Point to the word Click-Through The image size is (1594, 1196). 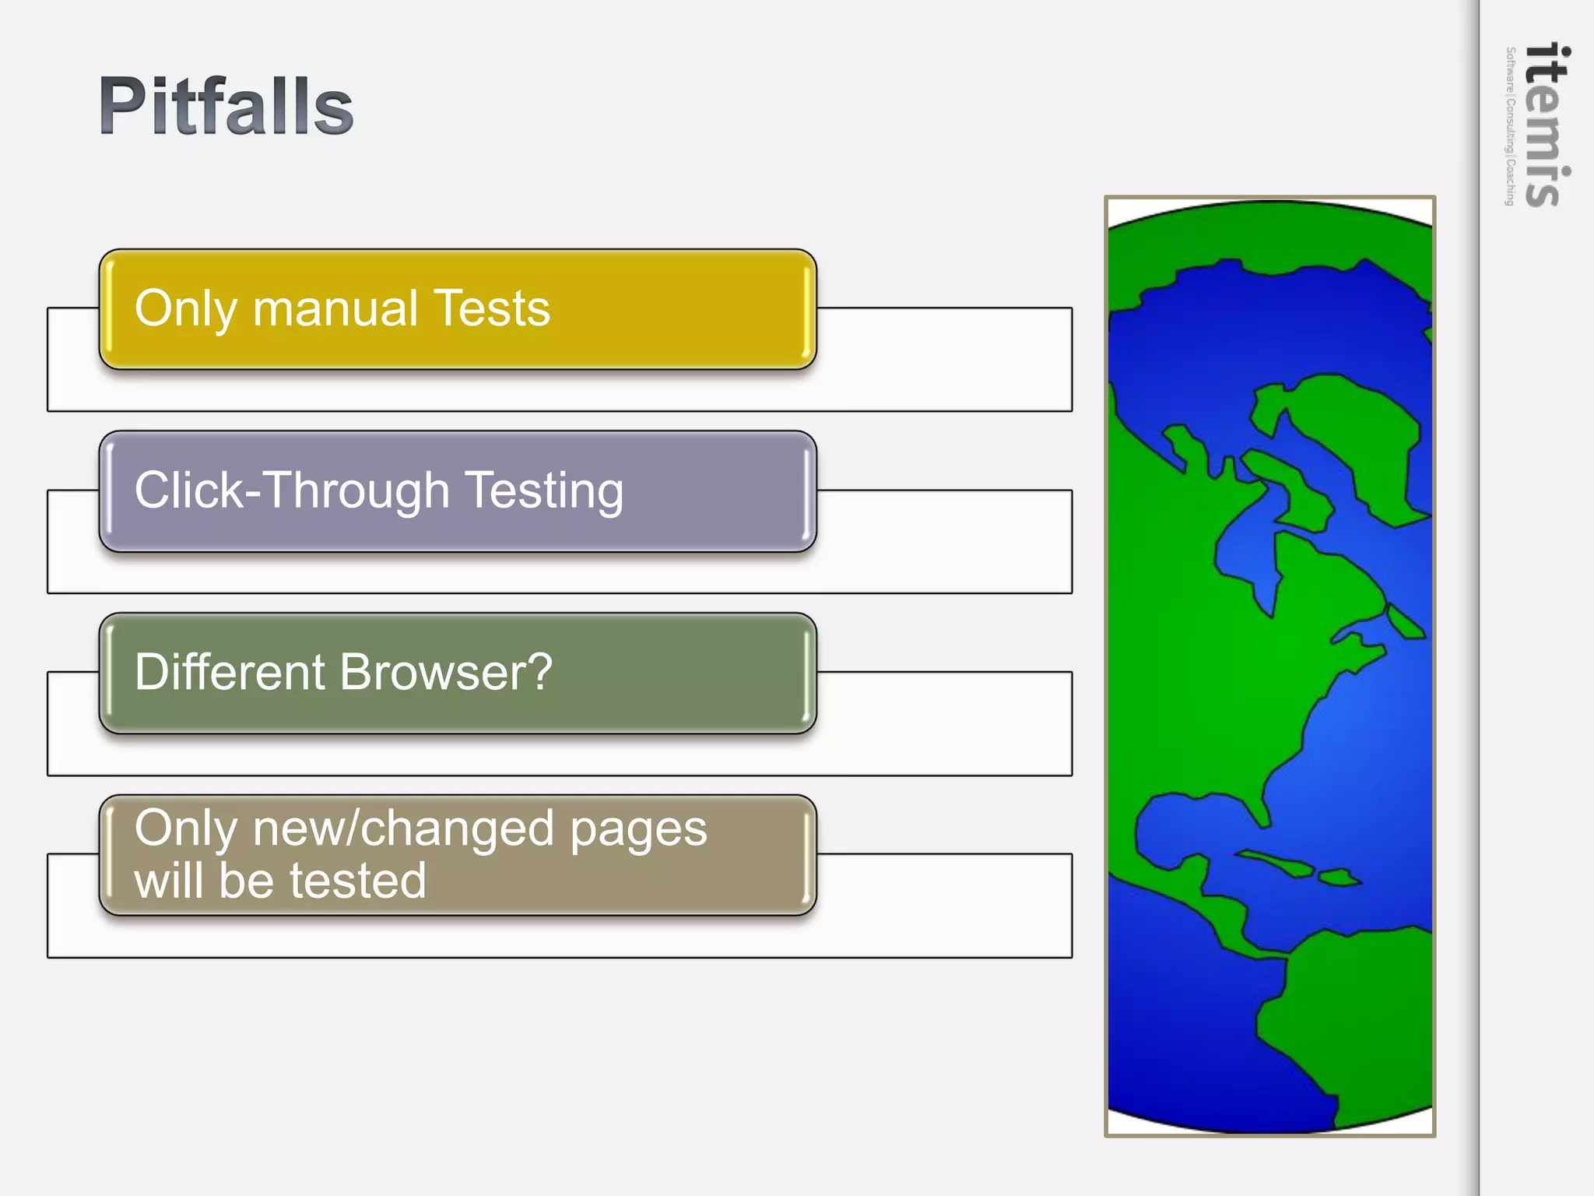click(x=292, y=491)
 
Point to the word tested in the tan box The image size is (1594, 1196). click(x=358, y=881)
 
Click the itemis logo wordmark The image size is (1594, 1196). click(x=1547, y=125)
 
